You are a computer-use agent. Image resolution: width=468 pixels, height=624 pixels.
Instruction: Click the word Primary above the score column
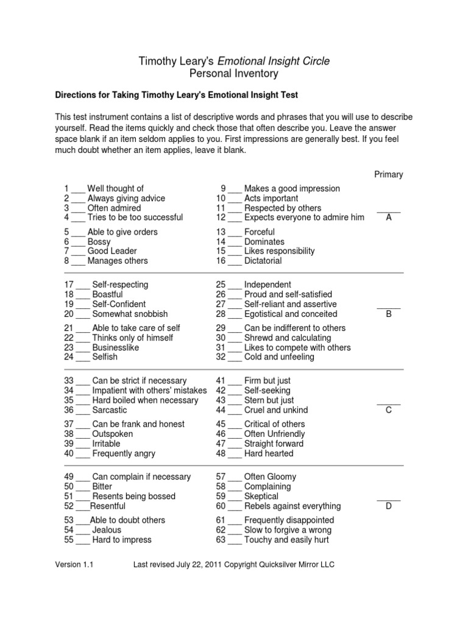pos(388,174)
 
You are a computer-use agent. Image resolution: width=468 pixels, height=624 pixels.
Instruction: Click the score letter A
pos(388,218)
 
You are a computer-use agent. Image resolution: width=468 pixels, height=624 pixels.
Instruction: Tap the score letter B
pos(388,314)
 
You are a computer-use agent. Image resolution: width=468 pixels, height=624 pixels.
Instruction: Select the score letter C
pos(388,410)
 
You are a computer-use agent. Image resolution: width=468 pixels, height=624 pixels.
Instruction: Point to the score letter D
pos(388,506)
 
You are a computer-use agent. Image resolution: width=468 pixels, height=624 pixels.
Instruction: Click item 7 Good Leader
pos(112,251)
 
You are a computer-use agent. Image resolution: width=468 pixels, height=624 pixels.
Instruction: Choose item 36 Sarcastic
pos(110,410)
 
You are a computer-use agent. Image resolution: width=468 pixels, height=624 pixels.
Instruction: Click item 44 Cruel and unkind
pos(276,410)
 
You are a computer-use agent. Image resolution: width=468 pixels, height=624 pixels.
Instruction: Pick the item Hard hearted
pos(269,453)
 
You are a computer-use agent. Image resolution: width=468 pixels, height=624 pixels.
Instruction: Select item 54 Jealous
pos(107,530)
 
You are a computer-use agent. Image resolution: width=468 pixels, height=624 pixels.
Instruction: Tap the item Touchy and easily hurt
pos(287,540)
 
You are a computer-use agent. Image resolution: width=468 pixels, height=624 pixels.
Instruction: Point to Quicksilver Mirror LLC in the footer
pos(302,565)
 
